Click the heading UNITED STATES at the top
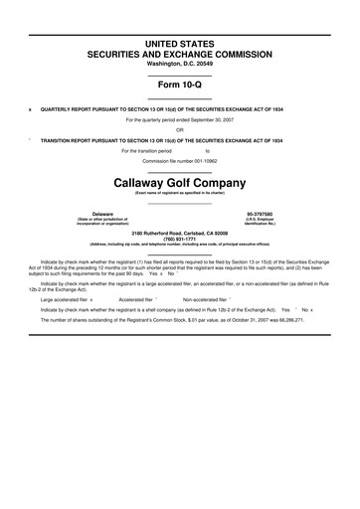click(x=179, y=45)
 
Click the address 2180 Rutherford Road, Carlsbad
click(x=179, y=232)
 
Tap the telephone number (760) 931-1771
click(x=179, y=238)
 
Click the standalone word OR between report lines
click(x=179, y=129)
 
